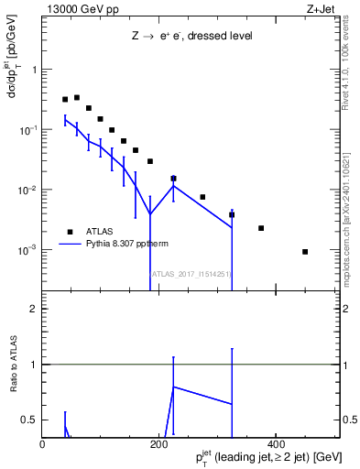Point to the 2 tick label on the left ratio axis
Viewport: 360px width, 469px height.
[33, 309]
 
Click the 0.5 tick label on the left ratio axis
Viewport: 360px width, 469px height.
[28, 420]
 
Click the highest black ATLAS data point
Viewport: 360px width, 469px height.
[77, 97]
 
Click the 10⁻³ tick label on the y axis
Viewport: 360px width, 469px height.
[27, 250]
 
